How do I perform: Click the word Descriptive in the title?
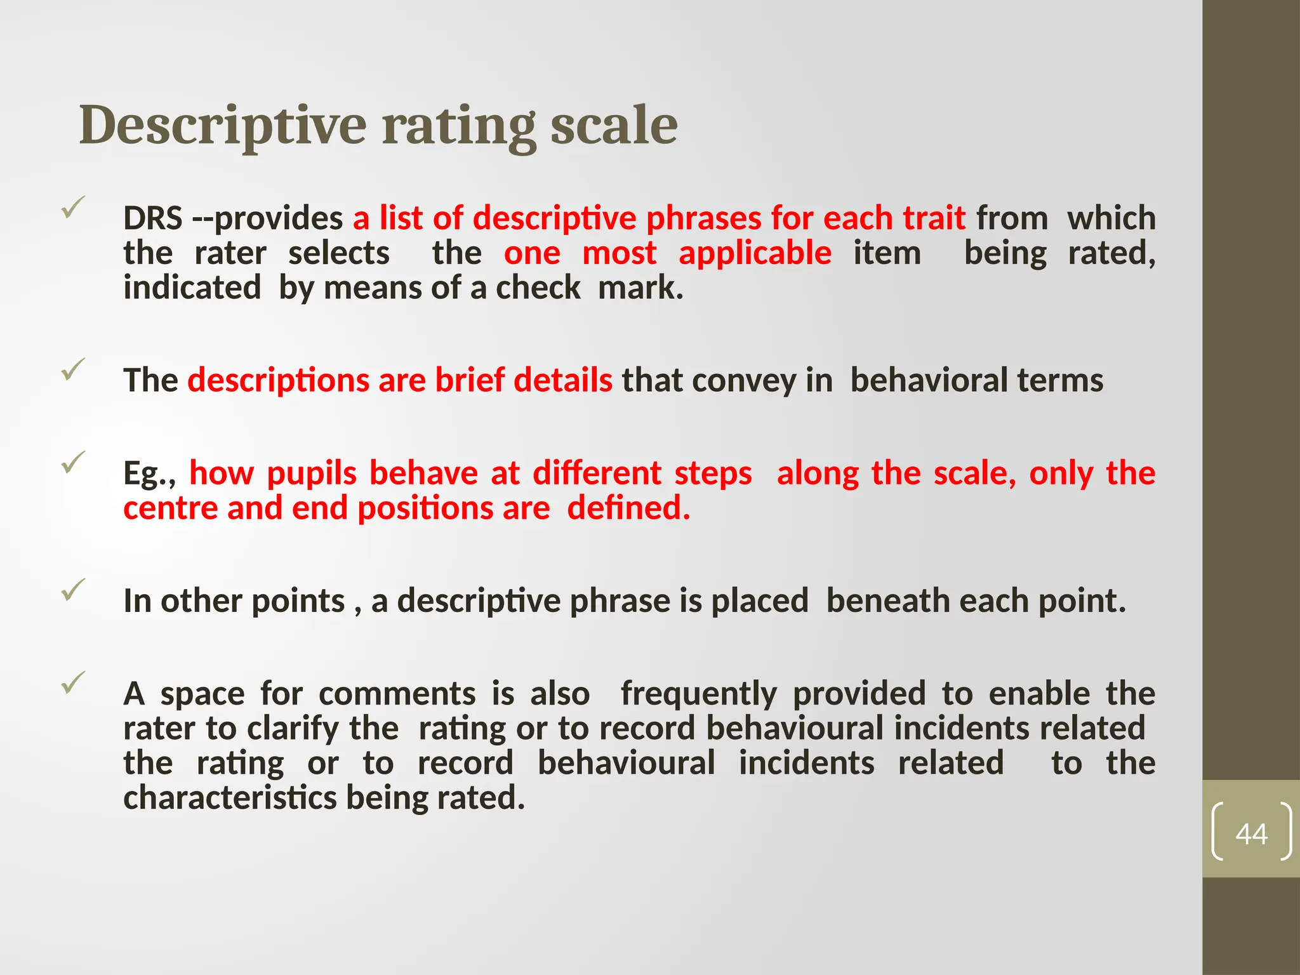[222, 125]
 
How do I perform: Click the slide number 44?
[1251, 833]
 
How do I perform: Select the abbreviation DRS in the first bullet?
[153, 218]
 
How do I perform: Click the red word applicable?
[755, 253]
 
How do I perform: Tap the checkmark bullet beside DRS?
[73, 208]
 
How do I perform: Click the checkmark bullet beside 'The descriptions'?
[73, 369]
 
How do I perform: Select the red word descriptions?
[278, 381]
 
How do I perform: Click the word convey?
[743, 381]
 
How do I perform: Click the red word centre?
[170, 508]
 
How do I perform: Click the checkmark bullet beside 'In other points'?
[73, 590]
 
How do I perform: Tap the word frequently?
[698, 693]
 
